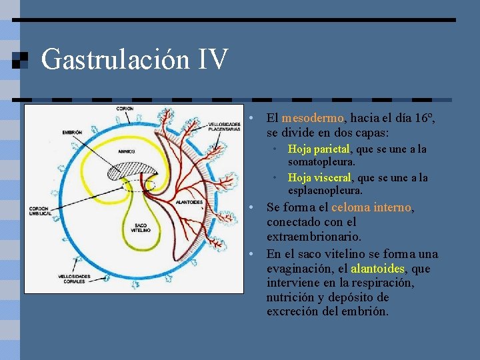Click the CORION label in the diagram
point(125,109)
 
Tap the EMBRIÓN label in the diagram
point(72,133)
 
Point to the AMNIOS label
point(127,151)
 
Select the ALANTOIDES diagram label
point(189,203)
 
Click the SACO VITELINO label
point(141,228)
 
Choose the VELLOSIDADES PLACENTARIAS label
point(224,126)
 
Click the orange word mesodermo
point(312,118)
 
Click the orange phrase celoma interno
point(372,208)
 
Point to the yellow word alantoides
point(377,269)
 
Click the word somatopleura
point(321,162)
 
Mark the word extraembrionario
point(314,237)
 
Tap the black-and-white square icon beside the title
point(21,60)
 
